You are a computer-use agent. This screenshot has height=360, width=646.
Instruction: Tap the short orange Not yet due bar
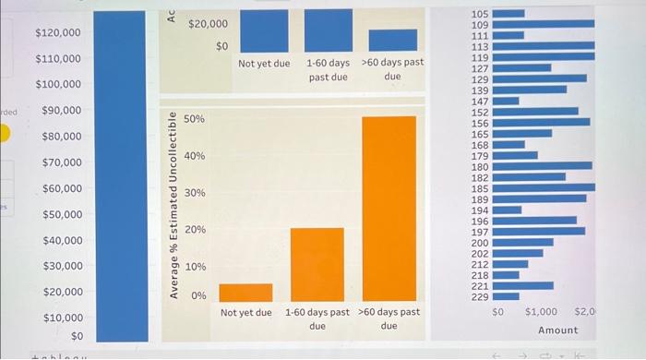tap(245, 293)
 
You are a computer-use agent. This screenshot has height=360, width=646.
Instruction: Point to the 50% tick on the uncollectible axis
tap(195, 120)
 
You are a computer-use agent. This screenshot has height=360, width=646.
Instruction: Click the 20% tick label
tap(195, 229)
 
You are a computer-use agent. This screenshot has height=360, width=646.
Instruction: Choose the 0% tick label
tap(198, 295)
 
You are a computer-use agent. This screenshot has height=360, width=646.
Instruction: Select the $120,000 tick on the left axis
tap(57, 33)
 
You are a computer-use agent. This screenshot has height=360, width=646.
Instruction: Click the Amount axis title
tap(557, 330)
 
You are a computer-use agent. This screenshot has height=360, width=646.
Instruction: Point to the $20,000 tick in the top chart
tap(208, 23)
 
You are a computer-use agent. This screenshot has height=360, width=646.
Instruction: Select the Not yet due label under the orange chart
tap(245, 313)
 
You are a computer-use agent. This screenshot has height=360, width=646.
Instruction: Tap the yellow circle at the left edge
tap(4, 134)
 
